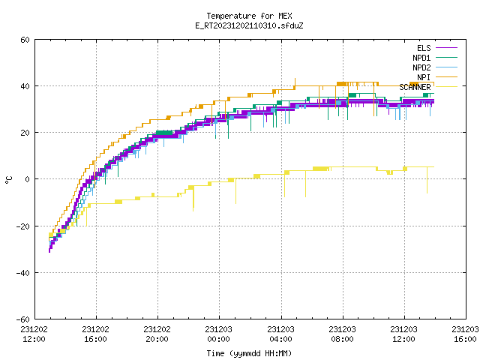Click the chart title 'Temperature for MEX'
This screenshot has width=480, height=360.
(249, 16)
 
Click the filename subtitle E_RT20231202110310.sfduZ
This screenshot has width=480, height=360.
(249, 25)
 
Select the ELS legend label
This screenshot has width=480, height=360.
(424, 48)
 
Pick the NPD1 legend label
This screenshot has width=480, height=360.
(421, 58)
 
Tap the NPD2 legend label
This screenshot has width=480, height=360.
(421, 67)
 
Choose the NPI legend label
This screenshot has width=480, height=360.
(424, 77)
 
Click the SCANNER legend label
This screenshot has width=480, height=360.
(415, 87)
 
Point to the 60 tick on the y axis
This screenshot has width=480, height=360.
(25, 40)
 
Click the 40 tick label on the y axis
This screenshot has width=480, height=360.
(25, 86)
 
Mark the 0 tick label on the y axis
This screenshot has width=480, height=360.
(28, 179)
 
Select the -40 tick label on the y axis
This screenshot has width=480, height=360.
(23, 273)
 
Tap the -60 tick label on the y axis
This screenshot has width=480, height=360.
(23, 319)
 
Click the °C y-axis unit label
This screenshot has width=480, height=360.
(9, 180)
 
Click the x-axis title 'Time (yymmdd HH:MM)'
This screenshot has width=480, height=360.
(249, 353)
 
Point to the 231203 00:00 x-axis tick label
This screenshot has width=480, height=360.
(218, 334)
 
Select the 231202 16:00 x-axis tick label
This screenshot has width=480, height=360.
(95, 334)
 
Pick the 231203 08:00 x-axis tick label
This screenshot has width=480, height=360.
(342, 334)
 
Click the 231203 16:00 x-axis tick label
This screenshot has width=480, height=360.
(465, 334)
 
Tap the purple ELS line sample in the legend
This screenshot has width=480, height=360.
(447, 48)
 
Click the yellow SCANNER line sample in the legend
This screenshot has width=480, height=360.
(447, 87)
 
